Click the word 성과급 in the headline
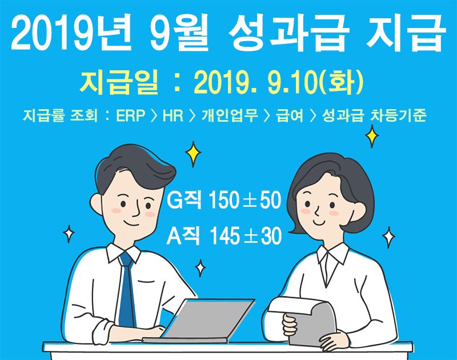click(287, 31)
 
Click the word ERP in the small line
click(131, 115)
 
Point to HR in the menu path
click(173, 115)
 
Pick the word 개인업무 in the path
click(230, 115)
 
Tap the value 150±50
click(245, 200)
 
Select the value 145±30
click(246, 236)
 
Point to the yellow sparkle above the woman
click(372, 136)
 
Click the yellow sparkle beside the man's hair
click(193, 154)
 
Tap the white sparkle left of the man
click(69, 234)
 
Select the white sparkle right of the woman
click(388, 237)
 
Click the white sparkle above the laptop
click(201, 268)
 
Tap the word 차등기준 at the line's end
click(398, 115)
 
